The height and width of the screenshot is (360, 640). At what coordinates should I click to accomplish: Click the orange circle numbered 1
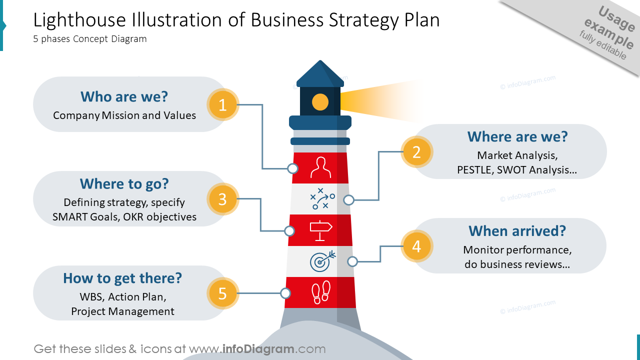222,105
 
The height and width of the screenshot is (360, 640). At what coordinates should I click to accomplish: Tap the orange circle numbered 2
416,152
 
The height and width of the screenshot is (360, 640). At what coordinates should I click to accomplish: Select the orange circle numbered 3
222,199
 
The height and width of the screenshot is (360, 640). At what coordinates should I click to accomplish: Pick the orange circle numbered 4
416,246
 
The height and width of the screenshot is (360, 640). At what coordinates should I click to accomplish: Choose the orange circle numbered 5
222,293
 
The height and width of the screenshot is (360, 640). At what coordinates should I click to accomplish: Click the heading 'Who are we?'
124,96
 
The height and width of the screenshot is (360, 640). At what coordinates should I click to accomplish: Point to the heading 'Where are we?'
517,136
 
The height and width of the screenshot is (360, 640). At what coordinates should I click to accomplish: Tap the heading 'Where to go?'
124,184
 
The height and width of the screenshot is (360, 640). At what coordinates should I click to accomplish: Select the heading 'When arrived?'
517,231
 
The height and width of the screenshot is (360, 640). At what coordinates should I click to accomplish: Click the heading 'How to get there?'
122,278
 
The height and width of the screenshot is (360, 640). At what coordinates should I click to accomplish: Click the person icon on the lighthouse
321,167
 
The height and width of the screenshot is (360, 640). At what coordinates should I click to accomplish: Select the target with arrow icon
322,260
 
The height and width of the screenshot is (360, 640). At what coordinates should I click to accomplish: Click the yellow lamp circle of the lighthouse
320,102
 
